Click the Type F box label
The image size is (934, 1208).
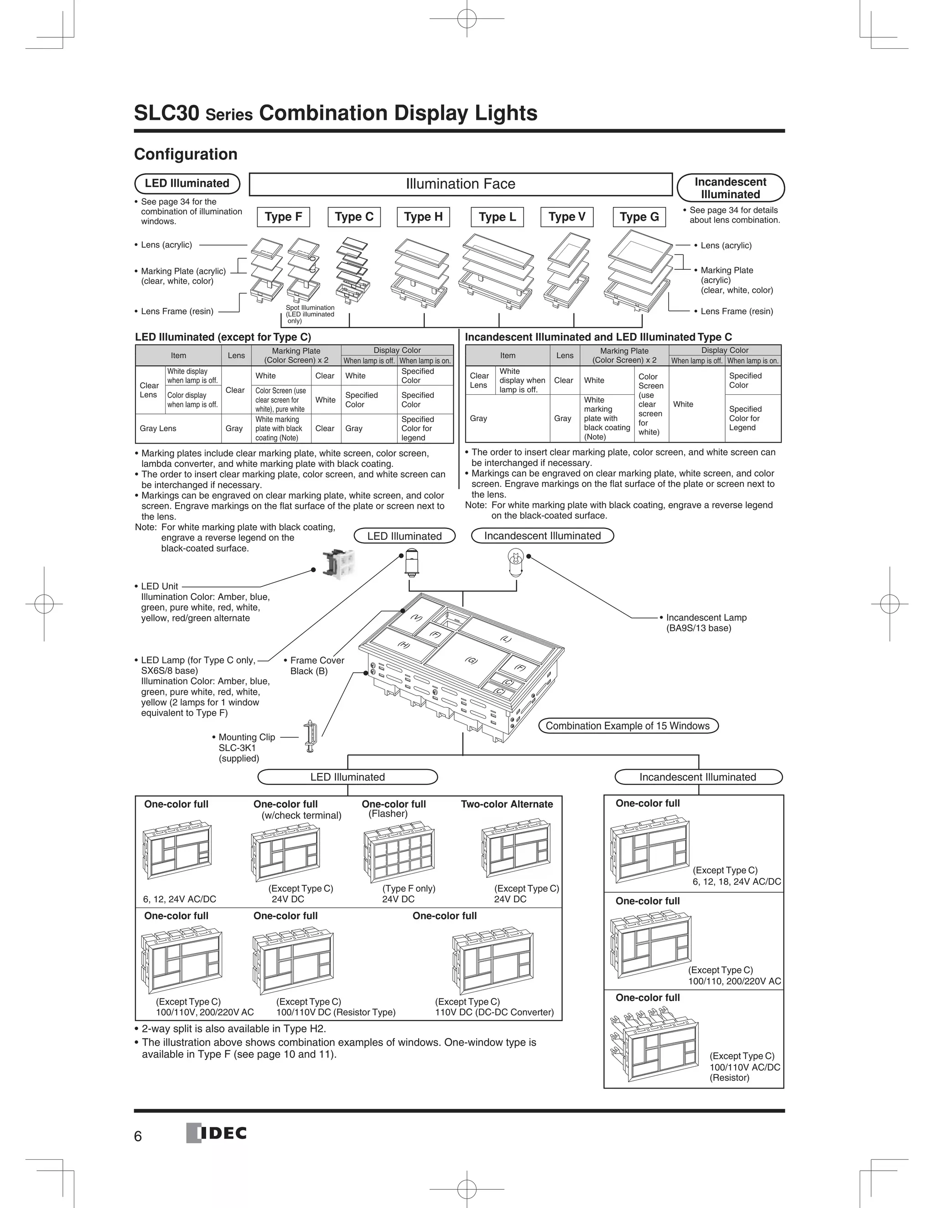(283, 217)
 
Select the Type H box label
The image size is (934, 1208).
(423, 217)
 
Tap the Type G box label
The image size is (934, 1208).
(639, 217)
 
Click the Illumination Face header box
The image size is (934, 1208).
(460, 184)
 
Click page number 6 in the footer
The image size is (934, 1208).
(138, 1136)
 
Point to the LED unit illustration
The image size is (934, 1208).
(338, 564)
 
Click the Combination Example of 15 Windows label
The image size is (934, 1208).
(628, 726)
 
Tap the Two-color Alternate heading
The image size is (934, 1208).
(507, 804)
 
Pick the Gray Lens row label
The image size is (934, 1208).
(158, 428)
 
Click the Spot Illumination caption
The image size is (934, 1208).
(310, 314)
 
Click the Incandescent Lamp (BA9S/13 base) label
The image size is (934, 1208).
(706, 622)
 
